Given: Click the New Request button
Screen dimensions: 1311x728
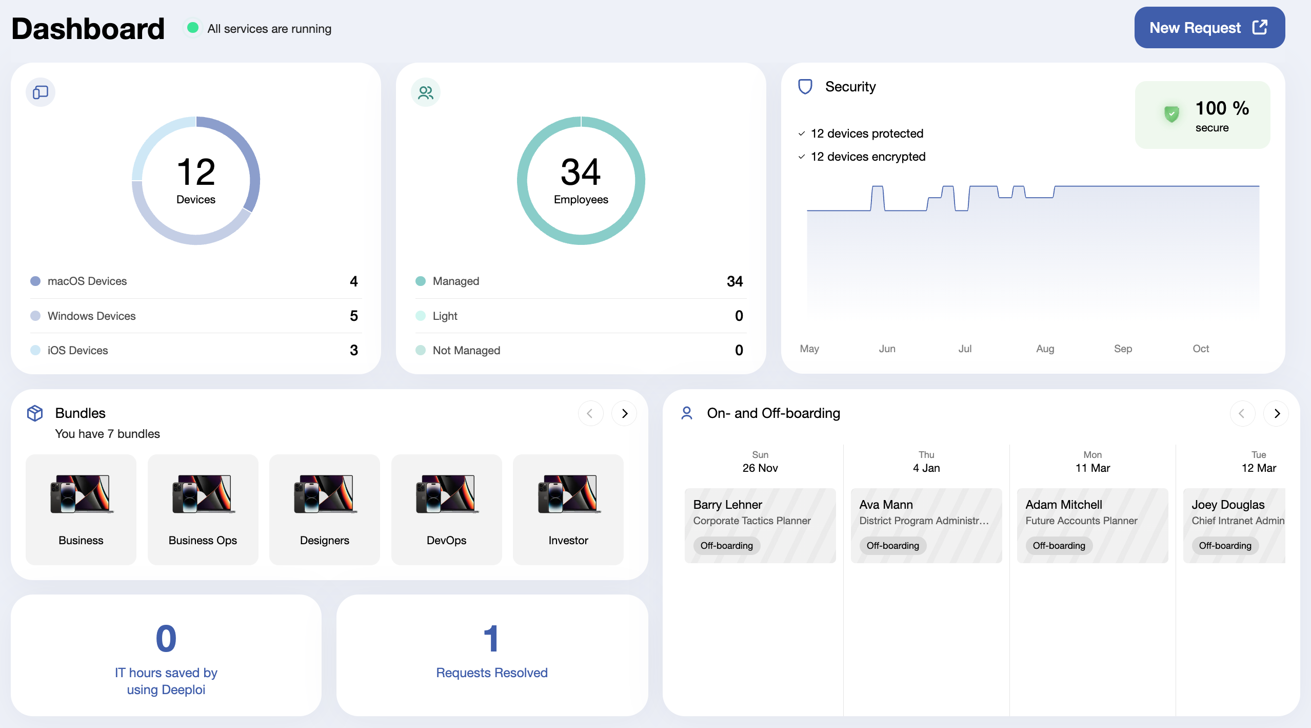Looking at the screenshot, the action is (x=1209, y=28).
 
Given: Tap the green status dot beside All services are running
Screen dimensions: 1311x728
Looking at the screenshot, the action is (x=193, y=28).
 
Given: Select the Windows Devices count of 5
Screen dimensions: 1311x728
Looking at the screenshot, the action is (x=354, y=316).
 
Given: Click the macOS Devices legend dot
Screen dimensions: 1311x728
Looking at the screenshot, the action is (x=35, y=281).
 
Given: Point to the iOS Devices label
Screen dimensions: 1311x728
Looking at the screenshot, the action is (x=78, y=350).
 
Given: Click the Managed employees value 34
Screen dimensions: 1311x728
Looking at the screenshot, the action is (x=734, y=281).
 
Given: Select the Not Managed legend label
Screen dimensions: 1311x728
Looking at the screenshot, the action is (x=466, y=350).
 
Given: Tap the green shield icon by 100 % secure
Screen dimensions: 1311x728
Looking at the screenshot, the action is (x=1171, y=114).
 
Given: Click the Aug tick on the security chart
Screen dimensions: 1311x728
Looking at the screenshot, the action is (x=1045, y=349).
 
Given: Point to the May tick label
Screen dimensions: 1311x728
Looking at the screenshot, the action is (x=809, y=349).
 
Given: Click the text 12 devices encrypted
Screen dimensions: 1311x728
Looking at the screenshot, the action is (x=868, y=157).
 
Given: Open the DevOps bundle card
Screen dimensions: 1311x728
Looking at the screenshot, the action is (x=446, y=509).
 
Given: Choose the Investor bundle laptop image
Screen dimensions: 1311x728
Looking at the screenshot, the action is (x=568, y=494).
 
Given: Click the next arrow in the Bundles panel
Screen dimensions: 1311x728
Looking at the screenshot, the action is (x=624, y=413).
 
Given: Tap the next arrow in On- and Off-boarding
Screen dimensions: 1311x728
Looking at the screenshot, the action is (x=1277, y=413).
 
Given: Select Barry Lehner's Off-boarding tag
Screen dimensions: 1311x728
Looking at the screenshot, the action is (x=727, y=545).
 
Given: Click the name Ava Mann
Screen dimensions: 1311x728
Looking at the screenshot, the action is (x=886, y=505).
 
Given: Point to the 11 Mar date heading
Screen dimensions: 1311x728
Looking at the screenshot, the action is (x=1092, y=468).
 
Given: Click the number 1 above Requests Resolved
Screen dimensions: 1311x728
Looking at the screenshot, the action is (x=491, y=639).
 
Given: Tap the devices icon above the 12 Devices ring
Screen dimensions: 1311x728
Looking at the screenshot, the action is (x=41, y=92).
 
